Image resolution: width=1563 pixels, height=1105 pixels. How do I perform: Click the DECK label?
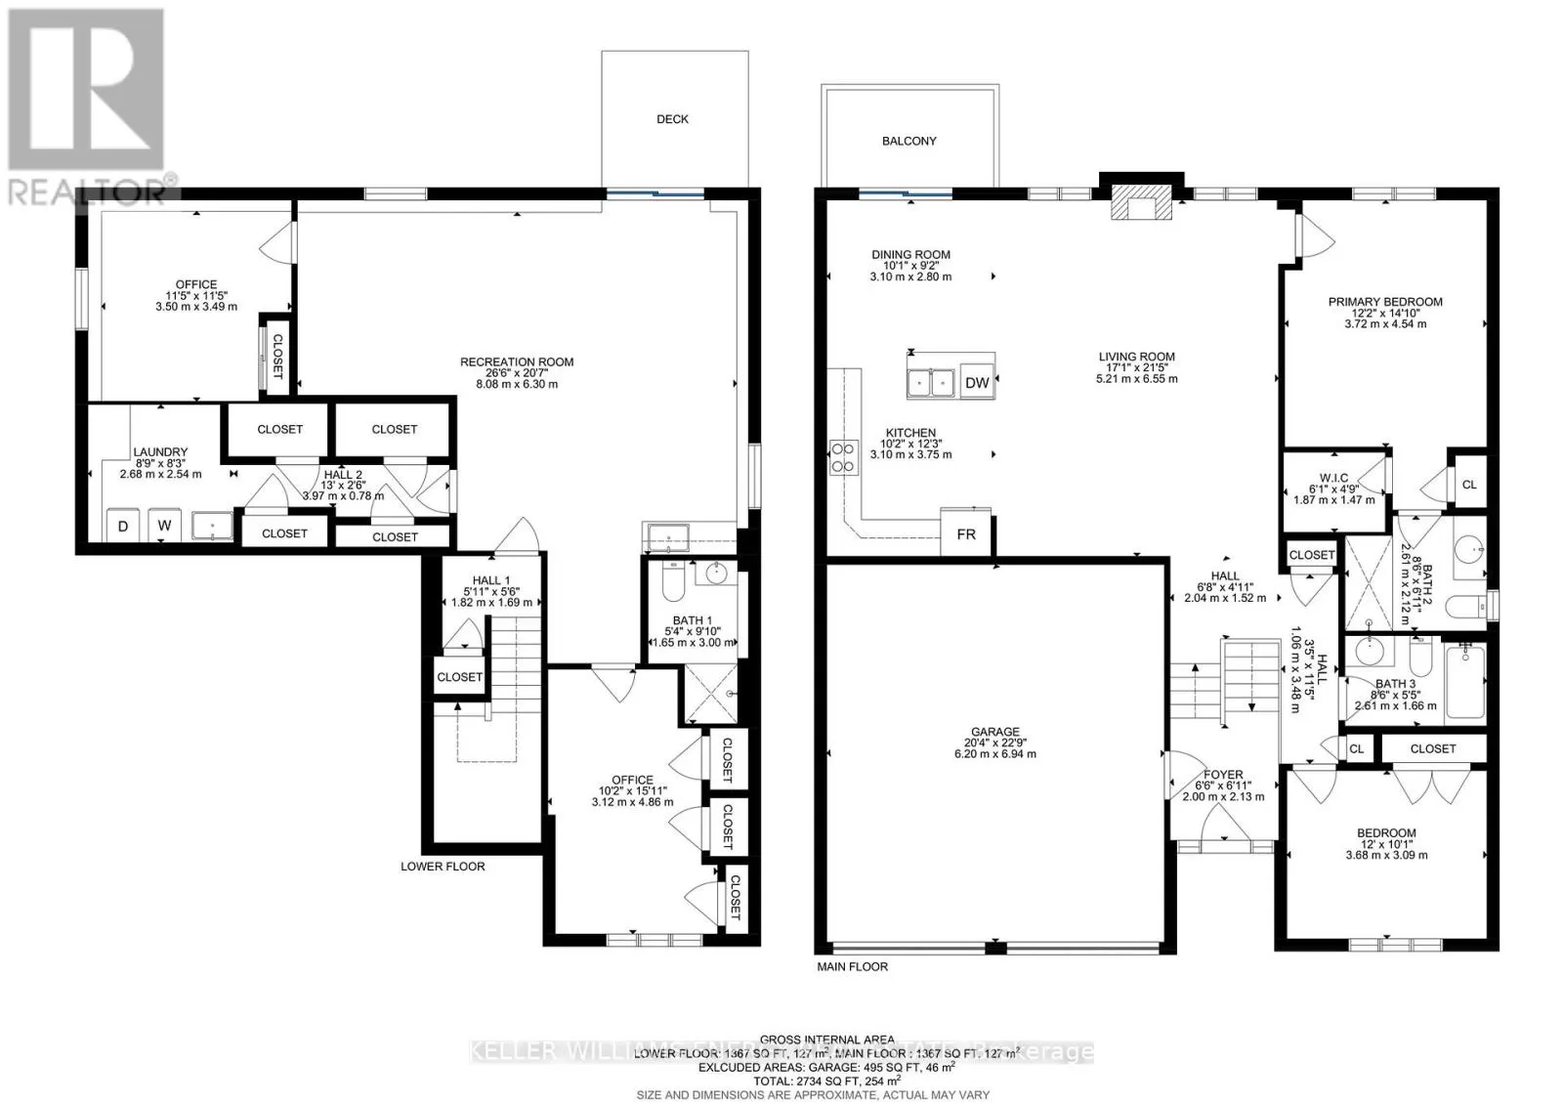(x=672, y=119)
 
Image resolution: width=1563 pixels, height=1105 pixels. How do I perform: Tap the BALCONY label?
(x=908, y=142)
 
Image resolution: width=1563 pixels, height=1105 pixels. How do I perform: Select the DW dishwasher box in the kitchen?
(x=977, y=383)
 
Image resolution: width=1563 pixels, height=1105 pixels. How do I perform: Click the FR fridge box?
(x=965, y=534)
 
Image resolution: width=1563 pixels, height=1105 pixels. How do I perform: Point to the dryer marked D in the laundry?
(x=123, y=526)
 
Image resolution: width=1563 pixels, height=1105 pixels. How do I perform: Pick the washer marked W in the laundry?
(x=165, y=526)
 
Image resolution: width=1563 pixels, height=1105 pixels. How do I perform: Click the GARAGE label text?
(x=994, y=732)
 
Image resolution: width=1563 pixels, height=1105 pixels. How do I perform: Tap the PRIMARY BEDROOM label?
(x=1384, y=302)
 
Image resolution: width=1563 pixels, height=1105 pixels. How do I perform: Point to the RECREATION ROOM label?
(x=517, y=362)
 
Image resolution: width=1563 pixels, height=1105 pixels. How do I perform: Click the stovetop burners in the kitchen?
(x=842, y=457)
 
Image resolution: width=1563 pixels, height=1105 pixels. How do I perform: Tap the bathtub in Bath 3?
(x=1463, y=684)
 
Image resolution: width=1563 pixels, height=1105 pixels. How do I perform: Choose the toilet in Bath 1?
(x=672, y=584)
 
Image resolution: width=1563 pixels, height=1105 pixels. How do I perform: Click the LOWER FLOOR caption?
(x=443, y=867)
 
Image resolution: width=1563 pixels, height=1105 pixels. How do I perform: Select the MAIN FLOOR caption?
(x=852, y=967)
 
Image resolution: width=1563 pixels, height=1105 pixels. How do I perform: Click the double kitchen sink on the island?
(x=931, y=382)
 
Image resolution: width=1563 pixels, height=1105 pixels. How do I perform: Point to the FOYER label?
(x=1223, y=775)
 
